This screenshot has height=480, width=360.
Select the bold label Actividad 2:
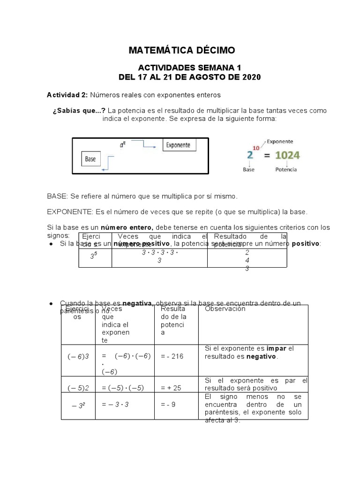[x=67, y=95]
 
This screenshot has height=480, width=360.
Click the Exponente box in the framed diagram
[x=178, y=145]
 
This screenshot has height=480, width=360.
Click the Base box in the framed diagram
[x=90, y=159]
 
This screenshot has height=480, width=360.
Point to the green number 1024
[x=288, y=155]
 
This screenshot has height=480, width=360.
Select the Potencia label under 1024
[x=286, y=170]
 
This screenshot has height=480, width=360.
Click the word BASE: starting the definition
[x=58, y=195]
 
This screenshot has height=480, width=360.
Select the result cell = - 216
[x=172, y=356]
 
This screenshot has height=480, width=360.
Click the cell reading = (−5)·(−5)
[x=122, y=388]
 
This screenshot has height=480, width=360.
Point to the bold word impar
[x=276, y=348]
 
